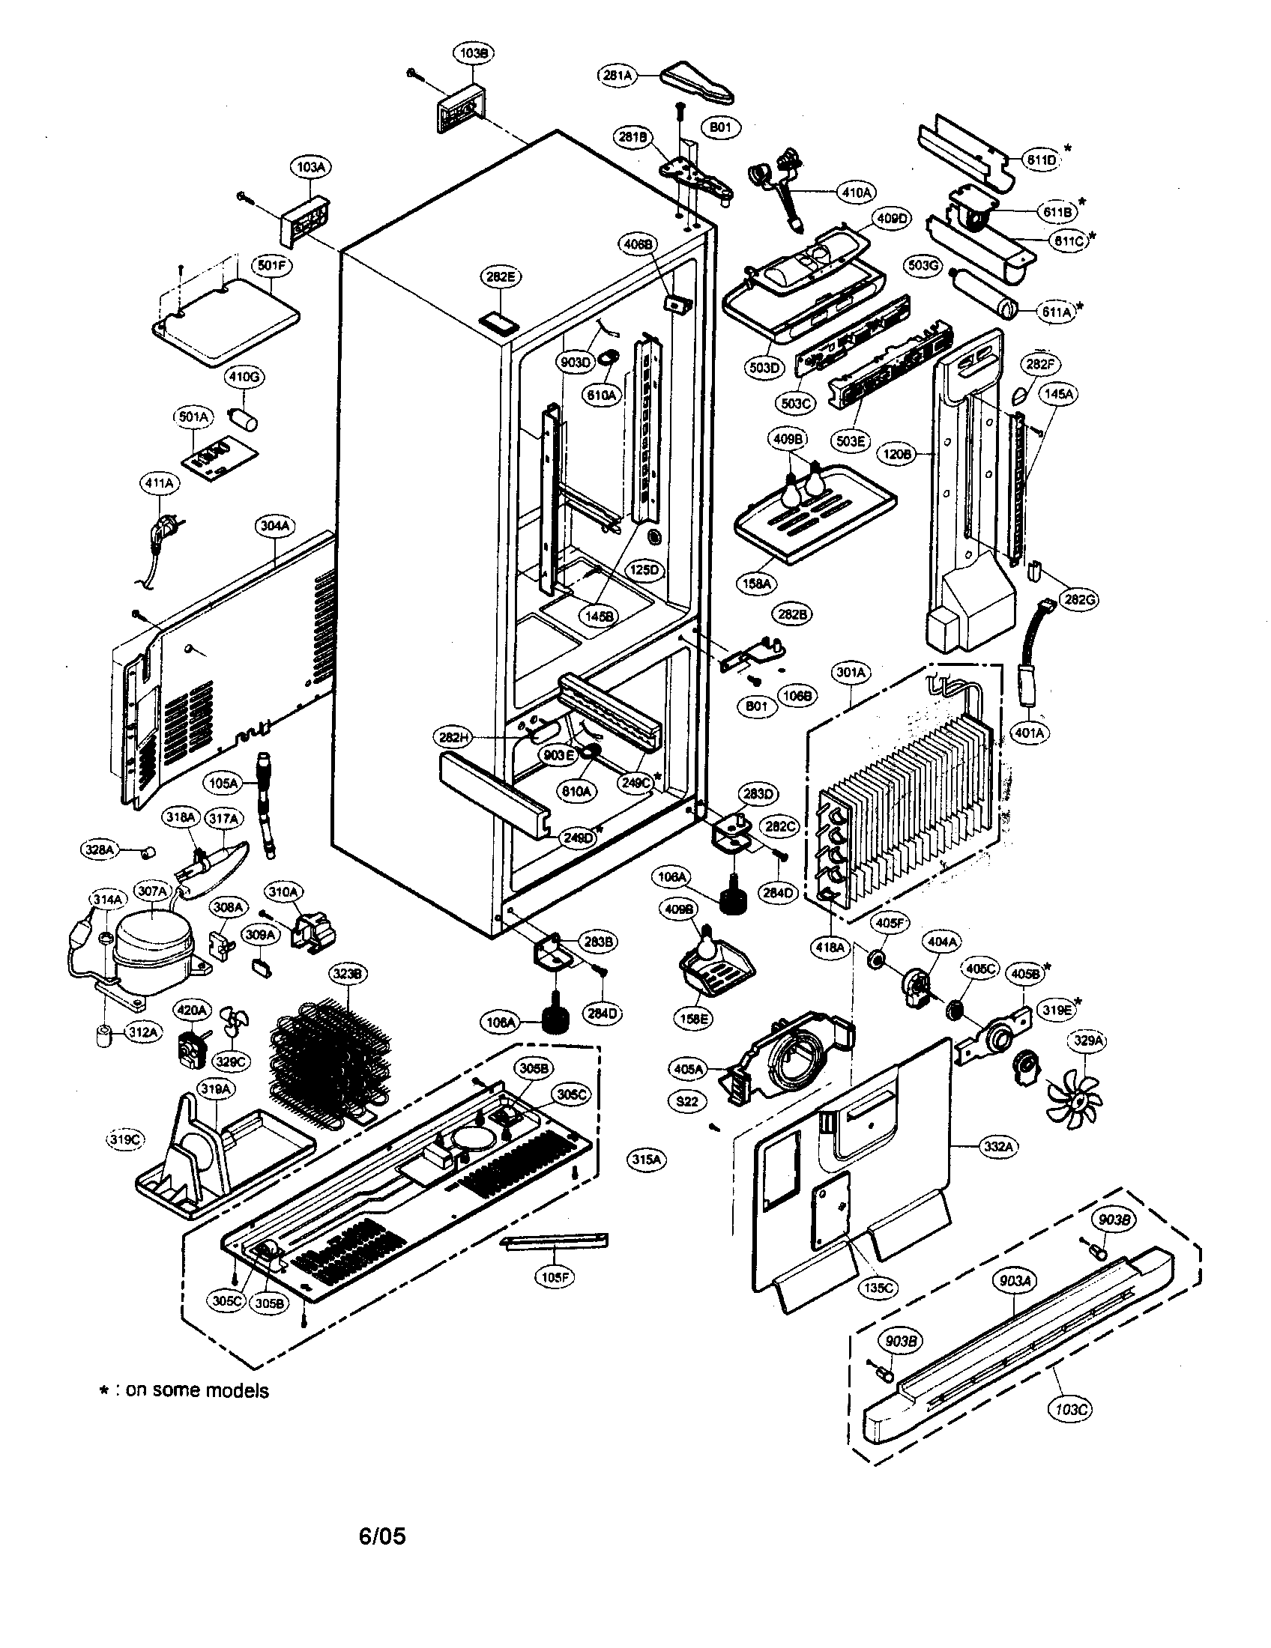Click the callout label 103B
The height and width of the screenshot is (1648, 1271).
pos(473,54)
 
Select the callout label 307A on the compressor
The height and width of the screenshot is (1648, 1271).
pos(151,891)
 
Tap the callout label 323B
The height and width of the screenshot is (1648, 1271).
pos(348,974)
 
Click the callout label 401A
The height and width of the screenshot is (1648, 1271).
pos(1030,732)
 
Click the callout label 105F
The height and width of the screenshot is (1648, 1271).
pos(555,1278)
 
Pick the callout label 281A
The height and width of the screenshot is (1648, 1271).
pos(618,75)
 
